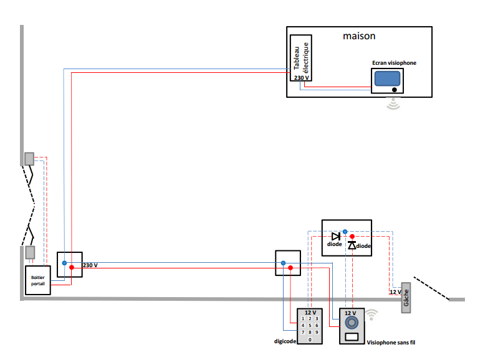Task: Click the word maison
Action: (x=359, y=36)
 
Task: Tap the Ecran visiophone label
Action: (x=393, y=63)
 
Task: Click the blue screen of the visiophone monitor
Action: (x=386, y=78)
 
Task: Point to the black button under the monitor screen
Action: (x=395, y=90)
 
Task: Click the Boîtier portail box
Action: (x=36, y=280)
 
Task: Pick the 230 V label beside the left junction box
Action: (x=90, y=265)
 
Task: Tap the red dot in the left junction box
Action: (x=72, y=268)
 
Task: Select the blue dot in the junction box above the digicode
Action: (x=283, y=263)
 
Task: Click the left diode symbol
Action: (x=335, y=236)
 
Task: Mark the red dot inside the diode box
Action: (x=352, y=237)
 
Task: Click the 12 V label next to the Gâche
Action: (x=395, y=291)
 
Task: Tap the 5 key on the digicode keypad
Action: (x=310, y=325)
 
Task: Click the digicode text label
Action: (x=285, y=341)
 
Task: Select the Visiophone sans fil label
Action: (x=391, y=342)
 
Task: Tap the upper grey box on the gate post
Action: (x=29, y=159)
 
